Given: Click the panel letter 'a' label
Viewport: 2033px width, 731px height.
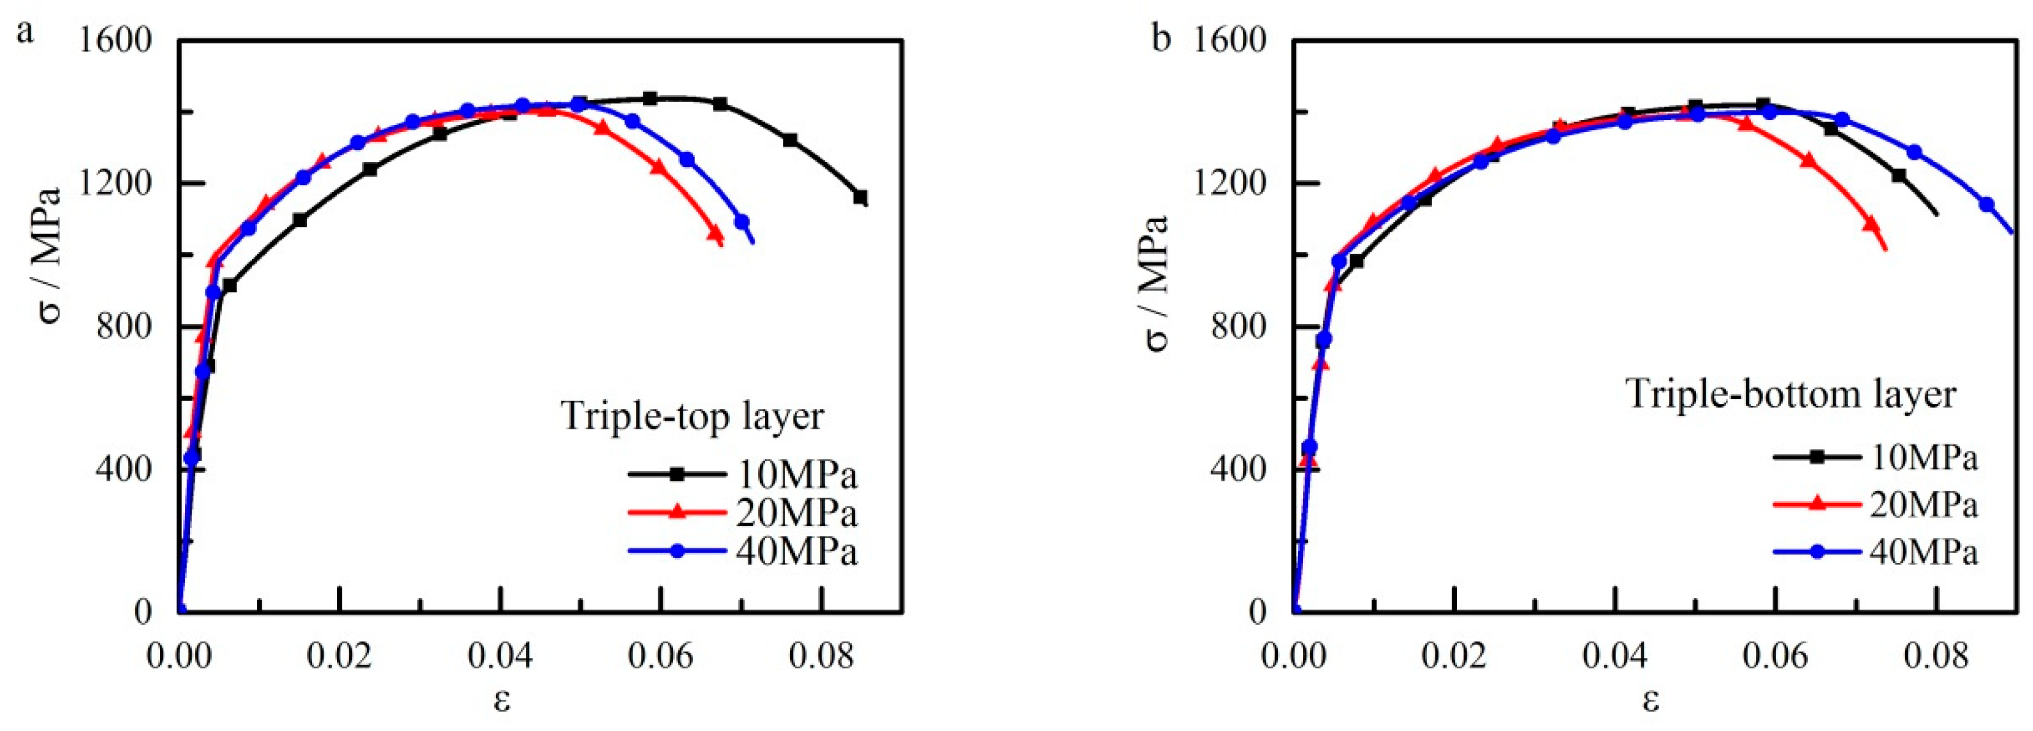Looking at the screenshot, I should (25, 33).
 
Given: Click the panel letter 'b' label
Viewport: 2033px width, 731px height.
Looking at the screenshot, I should (1161, 38).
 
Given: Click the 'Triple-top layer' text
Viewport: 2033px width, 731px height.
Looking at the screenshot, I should (692, 415).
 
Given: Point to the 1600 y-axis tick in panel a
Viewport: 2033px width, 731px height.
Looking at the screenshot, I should (116, 39).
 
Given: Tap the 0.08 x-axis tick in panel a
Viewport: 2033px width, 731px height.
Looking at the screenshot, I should (821, 657).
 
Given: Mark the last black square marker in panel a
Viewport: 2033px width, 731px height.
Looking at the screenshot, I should (861, 197).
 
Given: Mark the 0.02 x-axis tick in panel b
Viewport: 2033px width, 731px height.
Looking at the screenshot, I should (1454, 657).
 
